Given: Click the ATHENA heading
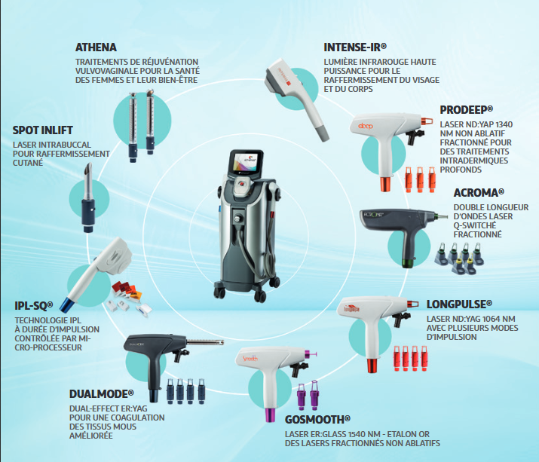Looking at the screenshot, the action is coord(96,47).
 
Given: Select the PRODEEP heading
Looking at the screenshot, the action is coord(467,109).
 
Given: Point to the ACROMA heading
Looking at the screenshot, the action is coord(479,193).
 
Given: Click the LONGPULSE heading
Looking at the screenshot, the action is coord(459,304).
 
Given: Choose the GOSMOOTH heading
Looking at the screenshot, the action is coord(317,420).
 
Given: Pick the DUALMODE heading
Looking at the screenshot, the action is coord(102,394).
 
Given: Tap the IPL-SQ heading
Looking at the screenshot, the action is coord(34,305).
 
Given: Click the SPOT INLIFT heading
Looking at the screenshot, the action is coord(43,130).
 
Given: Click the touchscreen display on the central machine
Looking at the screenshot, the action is coord(246,161).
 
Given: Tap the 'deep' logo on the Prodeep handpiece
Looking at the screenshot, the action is coord(365,126).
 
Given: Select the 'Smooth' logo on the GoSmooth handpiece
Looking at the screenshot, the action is coord(250,358).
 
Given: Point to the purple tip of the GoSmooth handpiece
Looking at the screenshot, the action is coord(270,415).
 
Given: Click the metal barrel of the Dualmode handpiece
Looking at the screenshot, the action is coord(205,342).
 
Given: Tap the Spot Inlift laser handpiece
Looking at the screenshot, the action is coord(88,197).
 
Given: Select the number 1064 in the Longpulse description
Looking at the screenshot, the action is coord(492,319).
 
